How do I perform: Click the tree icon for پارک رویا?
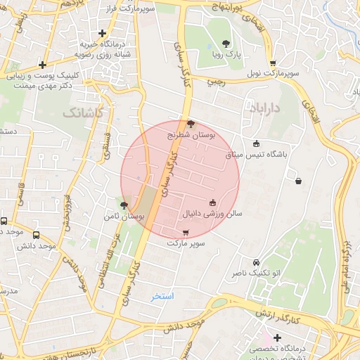pyautogui.click(x=225, y=44)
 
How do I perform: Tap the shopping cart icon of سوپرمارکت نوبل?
pyautogui.click(x=272, y=63)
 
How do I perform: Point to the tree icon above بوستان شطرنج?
pyautogui.click(x=191, y=123)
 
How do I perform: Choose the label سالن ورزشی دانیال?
pyautogui.click(x=212, y=212)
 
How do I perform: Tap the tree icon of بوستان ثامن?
pyautogui.click(x=124, y=205)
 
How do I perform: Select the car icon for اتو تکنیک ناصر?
pyautogui.click(x=257, y=262)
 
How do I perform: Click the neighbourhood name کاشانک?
pyautogui.click(x=82, y=112)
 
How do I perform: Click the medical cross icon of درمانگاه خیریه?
pyautogui.click(x=103, y=32)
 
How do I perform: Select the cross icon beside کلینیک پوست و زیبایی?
pyautogui.click(x=44, y=64)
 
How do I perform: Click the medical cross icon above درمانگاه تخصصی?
pyautogui.click(x=278, y=338)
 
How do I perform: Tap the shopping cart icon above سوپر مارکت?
pyautogui.click(x=186, y=233)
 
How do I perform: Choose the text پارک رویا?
pyautogui.click(x=226, y=54)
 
